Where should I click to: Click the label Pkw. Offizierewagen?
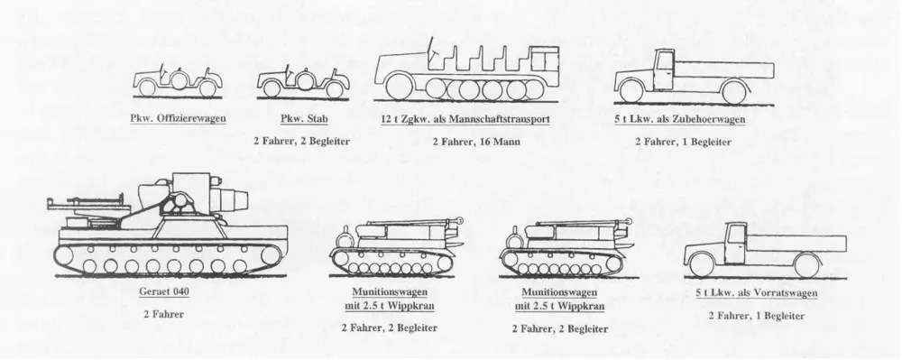point(178,119)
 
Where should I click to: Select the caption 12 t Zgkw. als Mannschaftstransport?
point(465,119)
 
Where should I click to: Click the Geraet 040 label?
point(164,291)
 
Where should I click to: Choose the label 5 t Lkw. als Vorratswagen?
point(757,293)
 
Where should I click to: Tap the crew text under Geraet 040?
point(164,314)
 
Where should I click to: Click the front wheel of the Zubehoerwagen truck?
point(631,91)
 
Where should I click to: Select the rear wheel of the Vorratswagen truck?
point(806,265)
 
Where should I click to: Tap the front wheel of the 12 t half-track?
point(399,87)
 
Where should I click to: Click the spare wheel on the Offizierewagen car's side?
point(179,80)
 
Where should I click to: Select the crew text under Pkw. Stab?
point(302,141)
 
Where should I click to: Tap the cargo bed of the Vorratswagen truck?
point(796,244)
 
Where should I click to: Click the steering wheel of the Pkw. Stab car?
point(290,73)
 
